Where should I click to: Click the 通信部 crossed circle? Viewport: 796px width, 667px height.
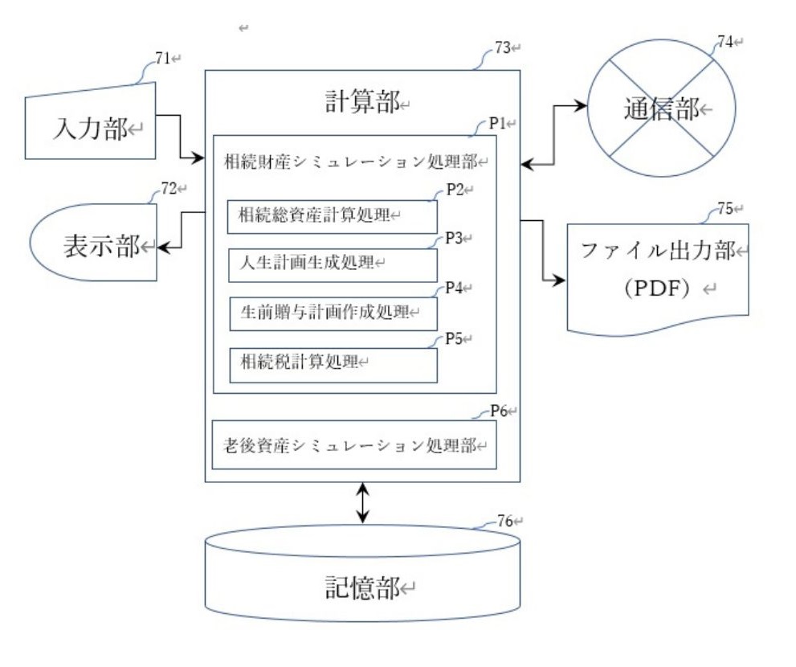tap(652, 108)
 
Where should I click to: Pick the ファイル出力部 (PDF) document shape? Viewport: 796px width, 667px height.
tap(657, 277)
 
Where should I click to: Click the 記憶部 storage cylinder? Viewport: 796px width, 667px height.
tap(362, 580)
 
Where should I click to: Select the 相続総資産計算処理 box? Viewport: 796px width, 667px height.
tap(333, 216)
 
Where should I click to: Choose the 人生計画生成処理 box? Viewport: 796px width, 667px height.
tap(333, 264)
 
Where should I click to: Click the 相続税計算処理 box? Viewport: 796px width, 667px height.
tap(333, 364)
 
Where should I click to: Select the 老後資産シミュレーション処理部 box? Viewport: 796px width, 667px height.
tap(353, 444)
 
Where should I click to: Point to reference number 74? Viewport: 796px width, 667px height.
tap(725, 41)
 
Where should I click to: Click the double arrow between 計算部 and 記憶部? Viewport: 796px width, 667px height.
tap(363, 503)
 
